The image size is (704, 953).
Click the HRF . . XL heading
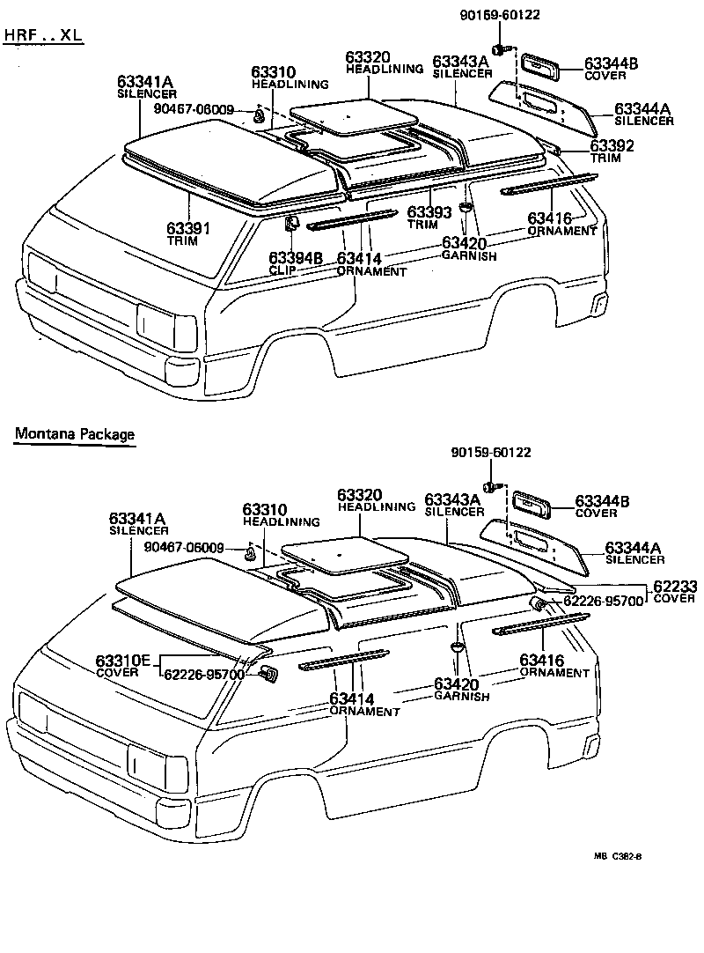pyautogui.click(x=43, y=35)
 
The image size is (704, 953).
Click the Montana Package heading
pyautogui.click(x=74, y=434)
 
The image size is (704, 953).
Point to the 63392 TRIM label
pyautogui.click(x=612, y=151)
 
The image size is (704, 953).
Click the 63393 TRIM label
pyautogui.click(x=429, y=218)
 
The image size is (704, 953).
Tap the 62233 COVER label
pyautogui.click(x=673, y=592)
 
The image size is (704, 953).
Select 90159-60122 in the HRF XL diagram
pyautogui.click(x=500, y=14)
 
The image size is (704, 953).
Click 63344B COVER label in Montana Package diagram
pyautogui.click(x=602, y=506)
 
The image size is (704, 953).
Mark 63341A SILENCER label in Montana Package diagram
pyautogui.click(x=138, y=523)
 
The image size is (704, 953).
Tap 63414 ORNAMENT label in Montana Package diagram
pyautogui.click(x=364, y=705)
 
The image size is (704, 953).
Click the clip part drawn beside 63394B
pyautogui.click(x=291, y=225)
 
